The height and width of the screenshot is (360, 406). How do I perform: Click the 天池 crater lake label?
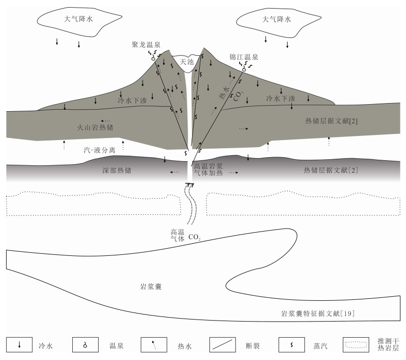pyautogui.click(x=187, y=62)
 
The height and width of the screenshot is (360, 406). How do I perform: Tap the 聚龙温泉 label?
pyautogui.click(x=146, y=44)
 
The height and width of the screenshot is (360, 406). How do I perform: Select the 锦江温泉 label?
pyautogui.click(x=244, y=57)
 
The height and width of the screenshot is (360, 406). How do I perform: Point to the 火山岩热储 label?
pyautogui.click(x=95, y=127)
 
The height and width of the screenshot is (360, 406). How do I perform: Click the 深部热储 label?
pyautogui.click(x=117, y=170)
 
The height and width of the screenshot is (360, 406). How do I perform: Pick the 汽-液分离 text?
pyautogui.click(x=100, y=150)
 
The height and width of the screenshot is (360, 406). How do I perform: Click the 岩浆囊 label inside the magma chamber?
pyautogui.click(x=151, y=287)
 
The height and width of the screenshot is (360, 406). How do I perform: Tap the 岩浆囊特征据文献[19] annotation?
pyautogui.click(x=318, y=313)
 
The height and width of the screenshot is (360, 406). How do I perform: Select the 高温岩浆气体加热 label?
pyautogui.click(x=208, y=169)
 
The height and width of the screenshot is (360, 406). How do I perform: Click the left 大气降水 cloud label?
pyautogui.click(x=78, y=19)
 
